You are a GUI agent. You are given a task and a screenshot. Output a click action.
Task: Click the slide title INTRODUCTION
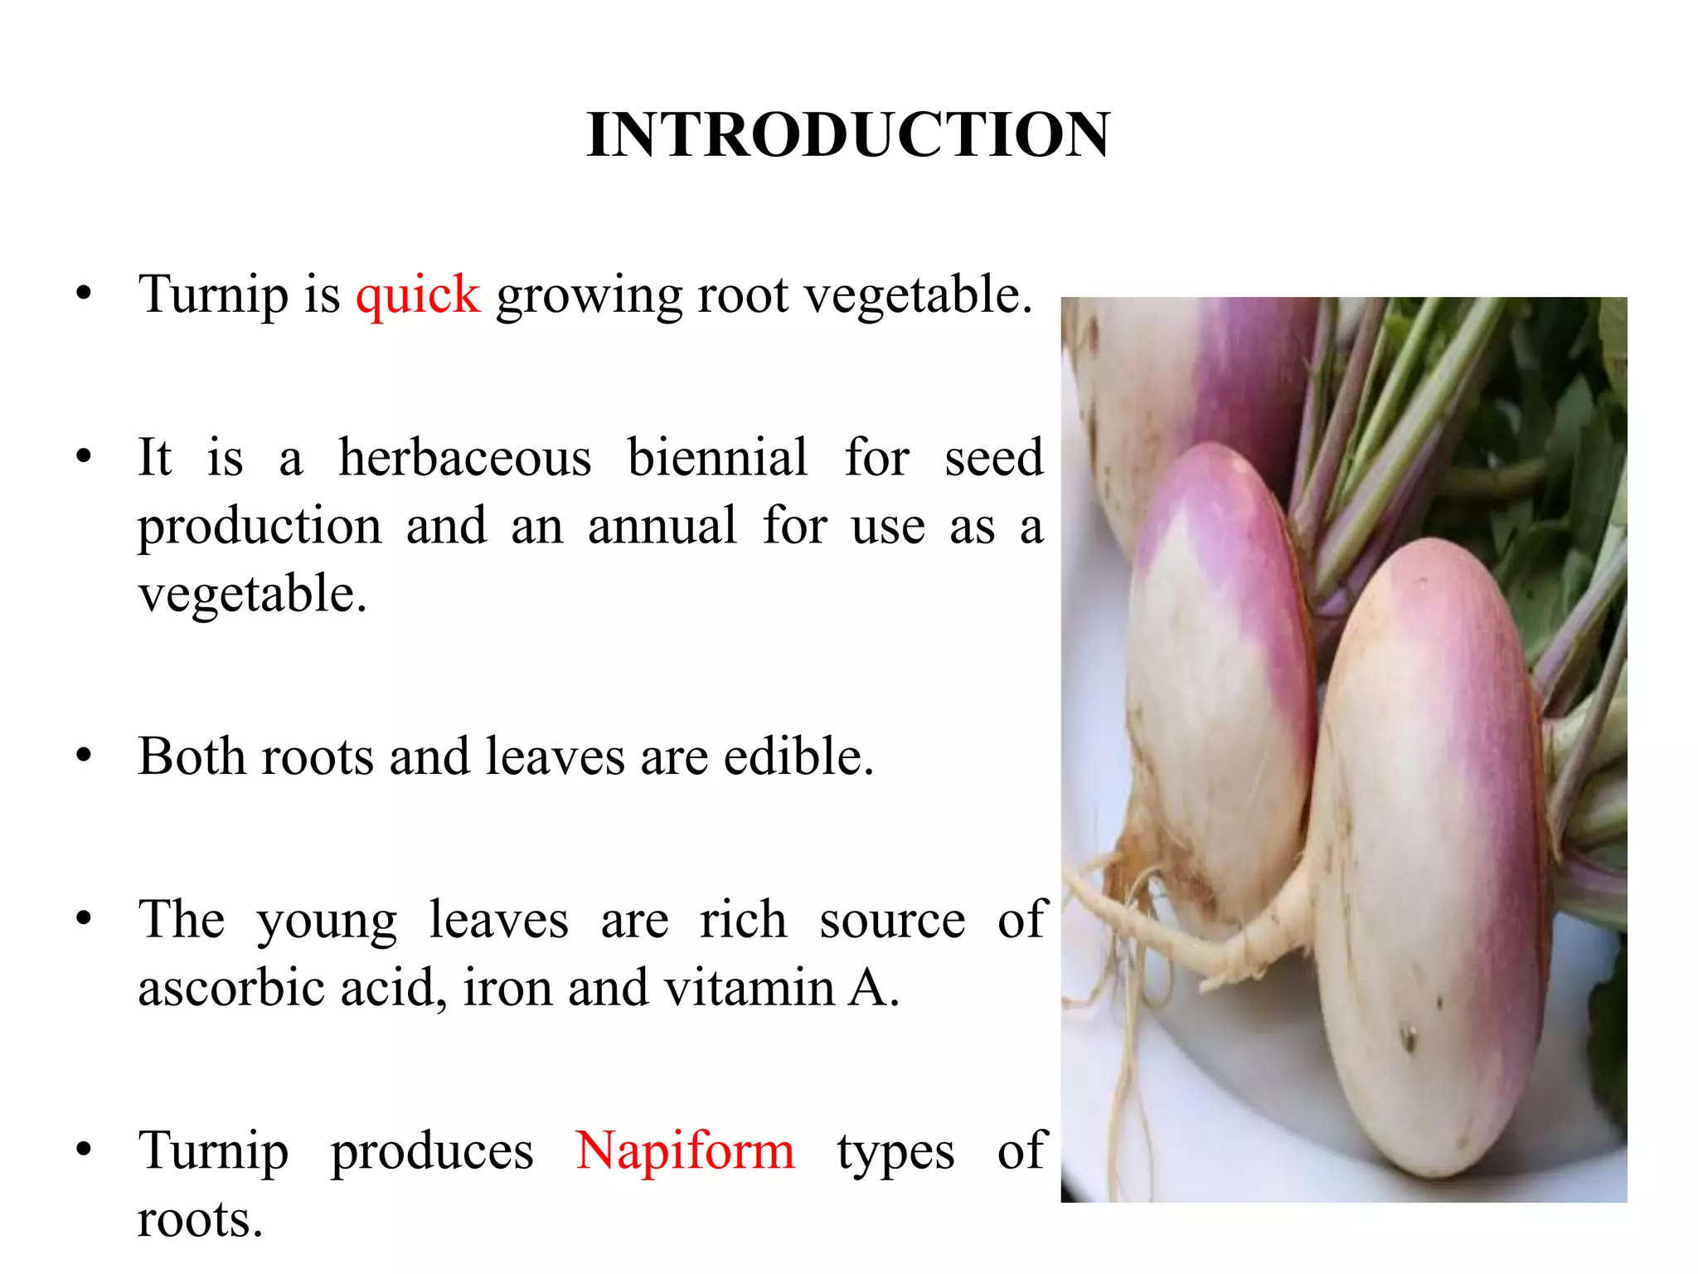click(x=847, y=134)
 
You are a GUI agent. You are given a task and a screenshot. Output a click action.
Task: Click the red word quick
click(x=418, y=295)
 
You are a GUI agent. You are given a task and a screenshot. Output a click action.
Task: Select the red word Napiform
click(x=685, y=1151)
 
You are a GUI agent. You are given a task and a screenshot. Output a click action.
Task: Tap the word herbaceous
click(x=465, y=458)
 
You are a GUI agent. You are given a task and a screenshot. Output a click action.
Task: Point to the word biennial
click(x=717, y=458)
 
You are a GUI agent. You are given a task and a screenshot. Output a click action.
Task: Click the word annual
click(x=662, y=526)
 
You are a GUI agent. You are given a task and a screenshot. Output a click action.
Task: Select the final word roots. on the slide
click(x=200, y=1219)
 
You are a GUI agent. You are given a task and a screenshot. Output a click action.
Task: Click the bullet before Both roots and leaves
click(x=83, y=756)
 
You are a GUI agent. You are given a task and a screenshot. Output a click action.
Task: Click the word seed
click(x=993, y=458)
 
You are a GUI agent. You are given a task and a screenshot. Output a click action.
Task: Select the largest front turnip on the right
click(x=1426, y=863)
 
